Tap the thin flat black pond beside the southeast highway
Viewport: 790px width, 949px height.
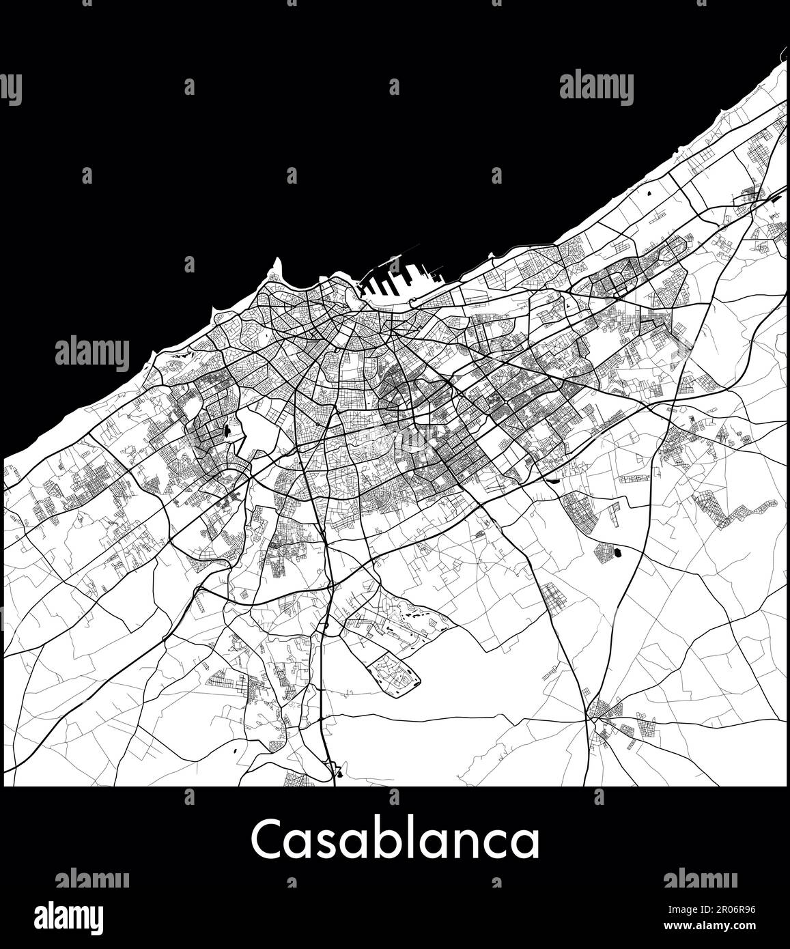click(x=550, y=479)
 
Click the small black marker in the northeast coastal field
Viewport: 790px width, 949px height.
click(x=648, y=193)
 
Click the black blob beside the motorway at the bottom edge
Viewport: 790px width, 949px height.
click(x=339, y=774)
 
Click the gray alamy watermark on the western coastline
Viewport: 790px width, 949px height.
click(x=91, y=352)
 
